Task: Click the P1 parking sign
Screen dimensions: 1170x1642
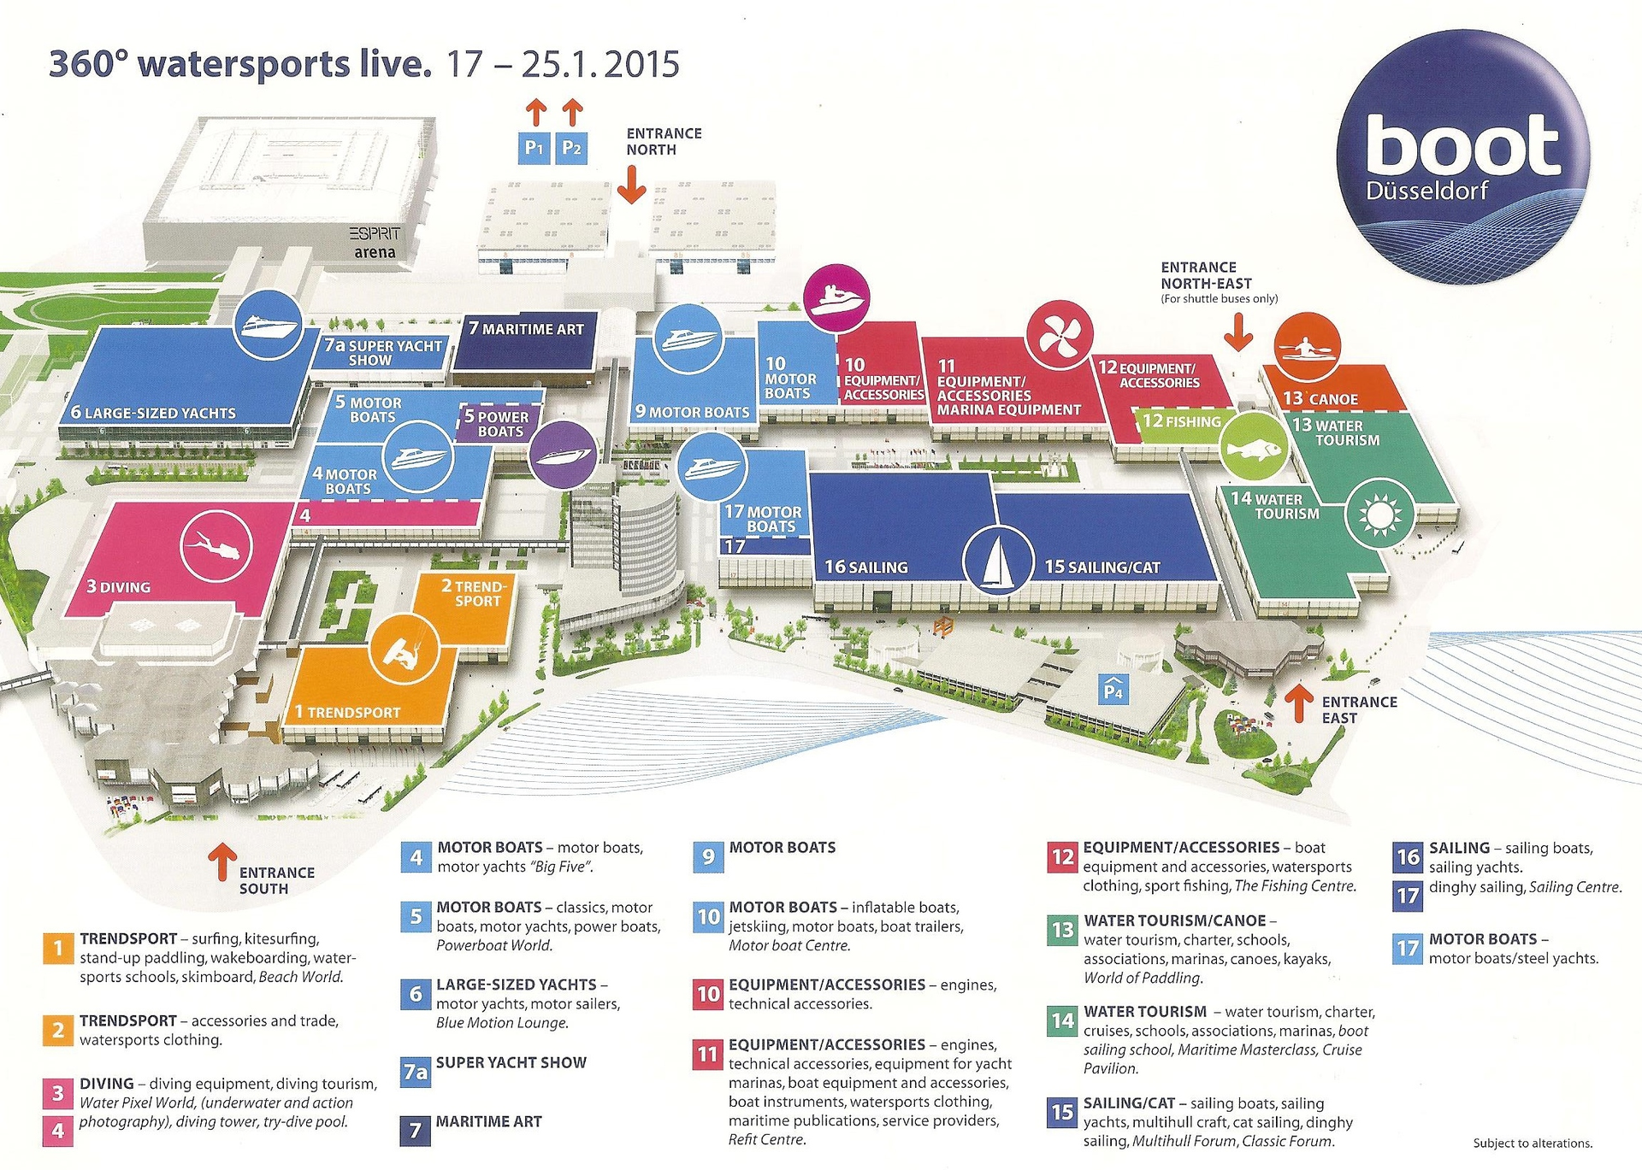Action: click(534, 148)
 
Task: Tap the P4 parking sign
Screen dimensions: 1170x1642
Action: click(1113, 688)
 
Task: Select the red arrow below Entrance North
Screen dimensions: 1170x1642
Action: click(631, 184)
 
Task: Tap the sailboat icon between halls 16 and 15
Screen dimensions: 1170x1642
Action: click(997, 560)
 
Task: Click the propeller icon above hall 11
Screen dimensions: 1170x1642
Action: click(1059, 334)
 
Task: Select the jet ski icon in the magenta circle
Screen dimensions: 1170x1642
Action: click(837, 298)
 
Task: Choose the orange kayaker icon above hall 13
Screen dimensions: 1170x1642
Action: click(1307, 346)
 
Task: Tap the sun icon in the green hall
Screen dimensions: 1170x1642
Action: click(1379, 514)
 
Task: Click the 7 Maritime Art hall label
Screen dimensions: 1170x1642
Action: click(527, 329)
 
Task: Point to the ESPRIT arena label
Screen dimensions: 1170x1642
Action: click(375, 243)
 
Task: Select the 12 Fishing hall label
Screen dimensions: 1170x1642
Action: click(1182, 421)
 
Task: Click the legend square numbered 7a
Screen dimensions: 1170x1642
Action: click(416, 1071)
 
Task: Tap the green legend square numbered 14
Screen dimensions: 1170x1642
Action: click(1062, 1020)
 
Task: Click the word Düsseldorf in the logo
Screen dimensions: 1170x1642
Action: click(1426, 191)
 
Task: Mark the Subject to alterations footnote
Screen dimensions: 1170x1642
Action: click(1533, 1143)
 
